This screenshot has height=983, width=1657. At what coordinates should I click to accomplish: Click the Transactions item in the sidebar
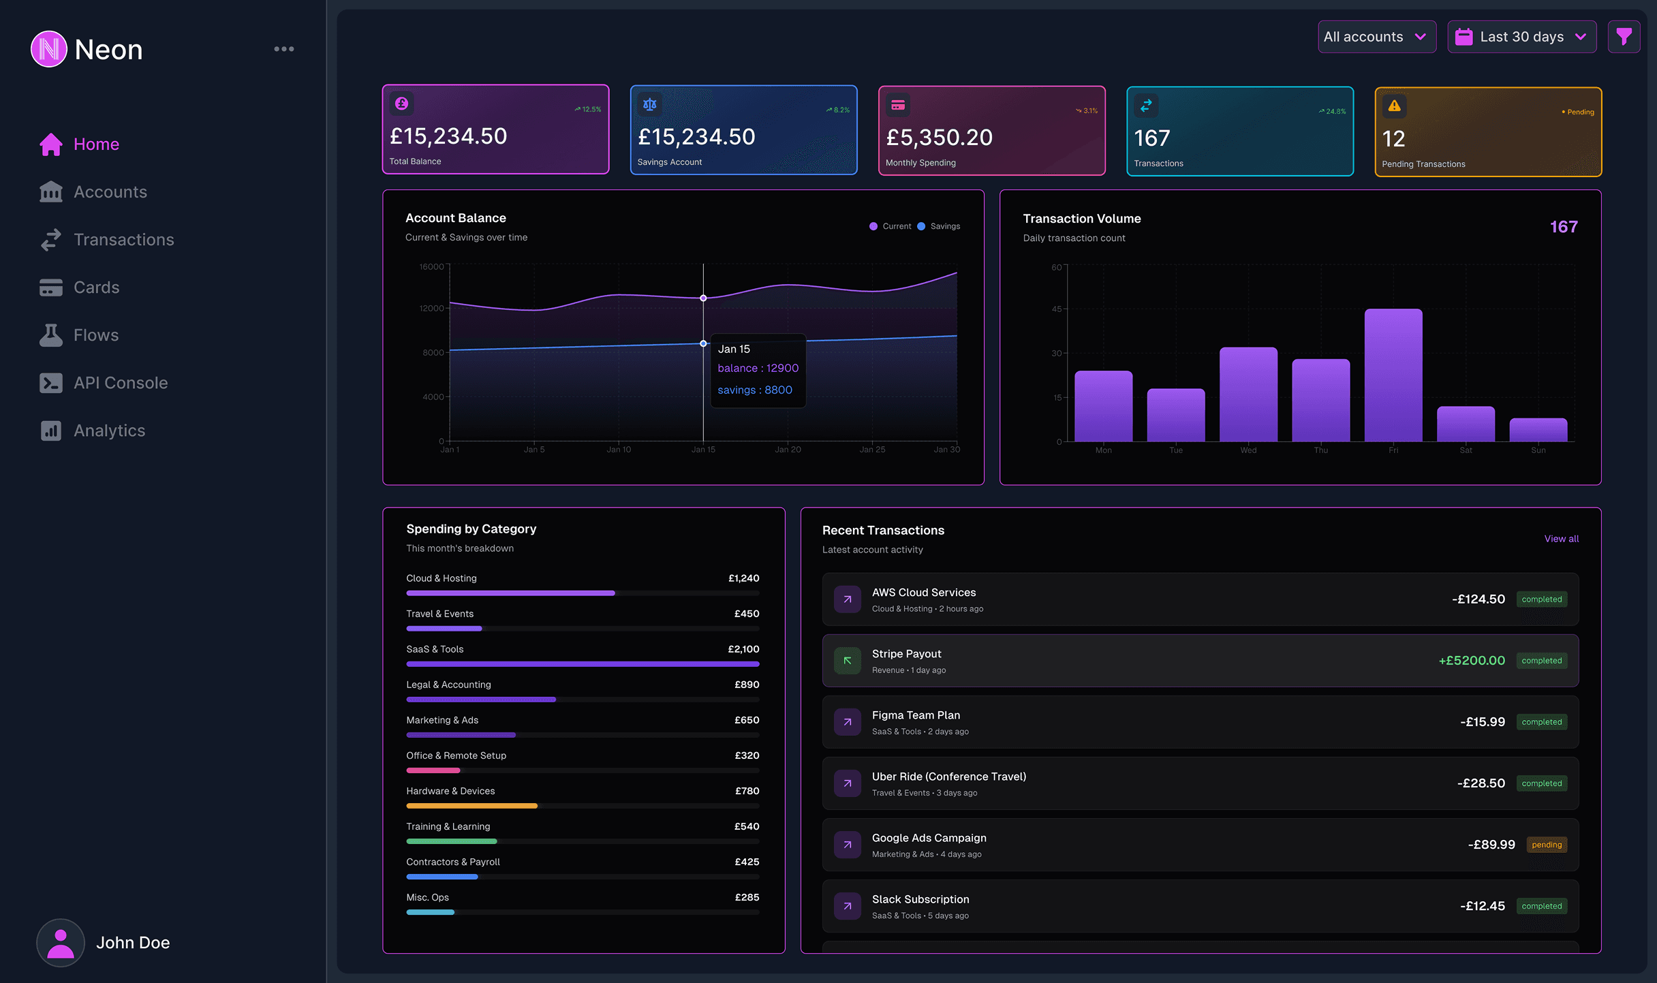pos(123,240)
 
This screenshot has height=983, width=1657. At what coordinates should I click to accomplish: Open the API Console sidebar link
pos(120,383)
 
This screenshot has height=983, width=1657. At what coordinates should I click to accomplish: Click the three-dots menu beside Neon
pos(284,49)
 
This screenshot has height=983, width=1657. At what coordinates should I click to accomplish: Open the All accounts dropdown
pos(1376,37)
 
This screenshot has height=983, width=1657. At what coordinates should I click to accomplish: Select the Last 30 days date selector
pos(1521,37)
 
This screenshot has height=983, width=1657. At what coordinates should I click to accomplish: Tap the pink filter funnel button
pos(1624,37)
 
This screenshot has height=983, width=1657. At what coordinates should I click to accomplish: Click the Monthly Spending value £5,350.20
pos(939,138)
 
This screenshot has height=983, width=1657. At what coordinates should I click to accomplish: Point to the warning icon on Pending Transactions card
pos(1394,106)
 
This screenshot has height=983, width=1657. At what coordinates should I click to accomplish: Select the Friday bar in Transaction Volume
pos(1393,375)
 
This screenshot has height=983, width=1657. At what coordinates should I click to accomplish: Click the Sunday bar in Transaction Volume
pos(1538,430)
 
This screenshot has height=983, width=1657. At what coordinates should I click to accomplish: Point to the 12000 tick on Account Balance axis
pos(431,309)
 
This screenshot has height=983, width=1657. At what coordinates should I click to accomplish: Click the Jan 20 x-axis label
pos(788,450)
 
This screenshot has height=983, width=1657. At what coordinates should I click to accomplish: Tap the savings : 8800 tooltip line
pos(755,390)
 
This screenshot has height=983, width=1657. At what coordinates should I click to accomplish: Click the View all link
pos(1561,539)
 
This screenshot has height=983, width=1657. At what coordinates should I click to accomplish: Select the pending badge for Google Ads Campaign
pos(1546,845)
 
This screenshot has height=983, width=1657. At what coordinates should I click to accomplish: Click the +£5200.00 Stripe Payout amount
pos(1471,660)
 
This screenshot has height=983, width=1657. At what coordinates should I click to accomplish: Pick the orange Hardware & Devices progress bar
pos(471,806)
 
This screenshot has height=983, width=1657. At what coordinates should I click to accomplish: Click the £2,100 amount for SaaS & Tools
pos(743,649)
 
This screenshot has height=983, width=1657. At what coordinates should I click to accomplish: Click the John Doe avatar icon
pos(61,943)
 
